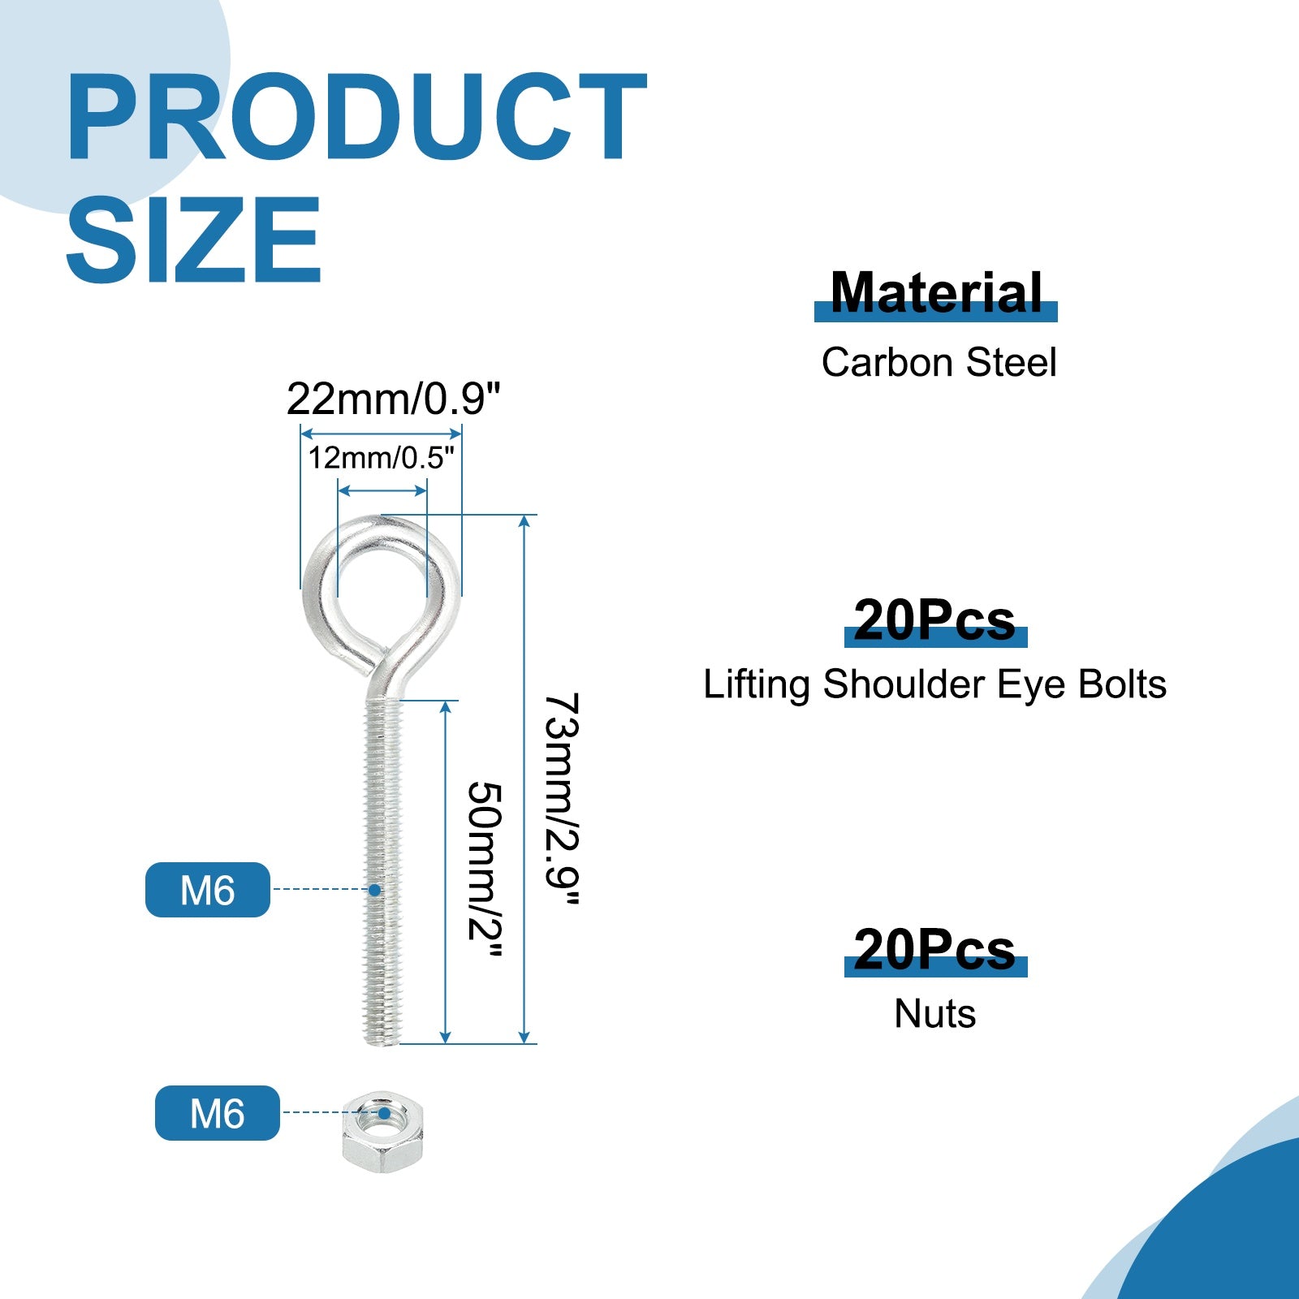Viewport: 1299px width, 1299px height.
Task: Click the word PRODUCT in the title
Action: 356,118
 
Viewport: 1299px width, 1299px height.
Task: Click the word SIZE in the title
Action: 194,240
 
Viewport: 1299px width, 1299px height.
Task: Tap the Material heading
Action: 936,293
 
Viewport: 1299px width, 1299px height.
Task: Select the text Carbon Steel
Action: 939,362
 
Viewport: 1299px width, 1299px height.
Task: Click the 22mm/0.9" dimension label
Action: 394,399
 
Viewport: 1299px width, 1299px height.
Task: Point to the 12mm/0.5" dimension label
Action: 381,458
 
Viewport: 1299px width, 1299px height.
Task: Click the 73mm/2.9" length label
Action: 562,800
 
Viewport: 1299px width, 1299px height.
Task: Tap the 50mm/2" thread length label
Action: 486,870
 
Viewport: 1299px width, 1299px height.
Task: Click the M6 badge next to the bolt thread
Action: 208,890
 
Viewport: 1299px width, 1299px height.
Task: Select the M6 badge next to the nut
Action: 218,1113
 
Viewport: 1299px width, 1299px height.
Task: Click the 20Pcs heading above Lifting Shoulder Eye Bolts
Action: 934,621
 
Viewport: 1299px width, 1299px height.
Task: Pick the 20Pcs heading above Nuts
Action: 934,950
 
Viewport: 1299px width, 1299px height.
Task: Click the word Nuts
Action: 935,1014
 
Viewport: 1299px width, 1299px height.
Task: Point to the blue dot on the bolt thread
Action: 374,890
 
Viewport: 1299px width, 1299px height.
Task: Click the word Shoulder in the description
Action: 904,684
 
